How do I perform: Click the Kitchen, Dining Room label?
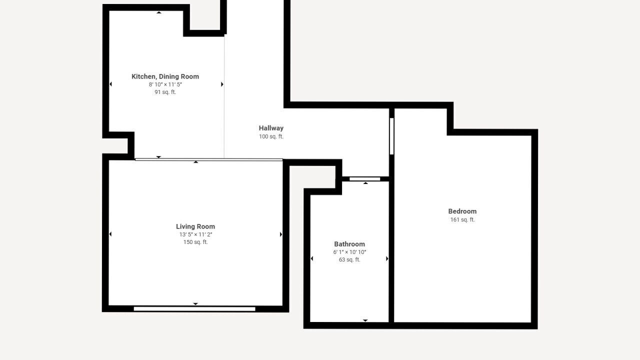click(x=165, y=76)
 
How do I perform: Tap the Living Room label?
click(x=195, y=226)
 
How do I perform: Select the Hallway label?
click(x=271, y=128)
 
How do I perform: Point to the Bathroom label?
click(x=349, y=244)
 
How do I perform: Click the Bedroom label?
click(x=462, y=211)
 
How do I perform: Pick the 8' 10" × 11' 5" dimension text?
click(x=165, y=84)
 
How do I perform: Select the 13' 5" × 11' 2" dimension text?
click(x=195, y=234)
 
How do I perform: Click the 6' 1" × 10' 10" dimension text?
click(x=349, y=252)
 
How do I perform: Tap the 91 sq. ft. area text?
click(x=165, y=92)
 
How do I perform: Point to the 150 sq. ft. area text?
click(x=195, y=242)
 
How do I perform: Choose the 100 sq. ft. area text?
click(x=271, y=136)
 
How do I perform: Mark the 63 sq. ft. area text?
click(x=349, y=259)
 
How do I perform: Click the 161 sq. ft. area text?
click(x=462, y=219)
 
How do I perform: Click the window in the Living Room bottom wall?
click(x=194, y=309)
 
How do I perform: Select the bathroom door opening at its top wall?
click(x=365, y=179)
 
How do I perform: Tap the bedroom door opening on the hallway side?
click(x=391, y=136)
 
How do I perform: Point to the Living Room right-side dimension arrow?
click(x=281, y=234)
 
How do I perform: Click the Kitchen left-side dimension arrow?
click(x=110, y=84)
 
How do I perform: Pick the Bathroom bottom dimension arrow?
click(x=365, y=320)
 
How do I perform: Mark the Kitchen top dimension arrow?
click(x=159, y=12)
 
